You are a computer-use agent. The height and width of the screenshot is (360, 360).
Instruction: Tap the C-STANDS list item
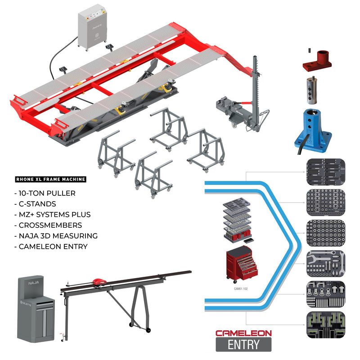(x=38, y=204)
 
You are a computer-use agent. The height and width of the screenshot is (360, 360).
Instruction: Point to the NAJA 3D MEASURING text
(x=57, y=235)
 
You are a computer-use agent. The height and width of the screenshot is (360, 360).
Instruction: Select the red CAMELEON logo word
(x=243, y=333)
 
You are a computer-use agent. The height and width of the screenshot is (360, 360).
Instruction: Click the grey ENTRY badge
(x=243, y=345)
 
